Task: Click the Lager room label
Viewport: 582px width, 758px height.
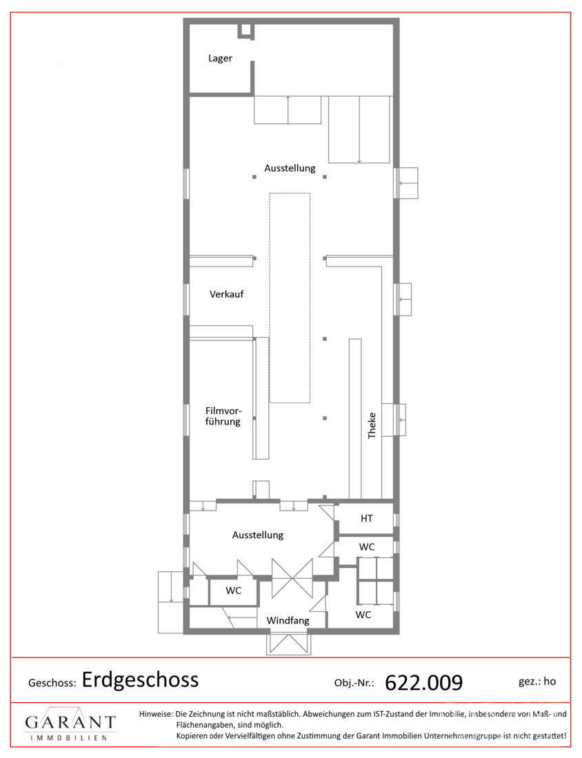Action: (x=220, y=59)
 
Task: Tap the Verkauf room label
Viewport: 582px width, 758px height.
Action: (x=226, y=294)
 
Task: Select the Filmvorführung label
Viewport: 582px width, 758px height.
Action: (x=223, y=416)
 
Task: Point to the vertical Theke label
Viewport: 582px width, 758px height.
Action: (x=372, y=425)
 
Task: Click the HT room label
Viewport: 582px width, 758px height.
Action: (x=367, y=518)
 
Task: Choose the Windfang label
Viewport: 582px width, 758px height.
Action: (x=288, y=620)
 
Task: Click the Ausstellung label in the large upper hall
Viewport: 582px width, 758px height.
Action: (x=290, y=168)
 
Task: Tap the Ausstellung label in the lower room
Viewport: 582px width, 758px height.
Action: (x=258, y=535)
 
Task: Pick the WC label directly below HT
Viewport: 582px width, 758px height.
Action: (x=367, y=546)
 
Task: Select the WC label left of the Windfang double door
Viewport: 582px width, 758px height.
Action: (x=233, y=591)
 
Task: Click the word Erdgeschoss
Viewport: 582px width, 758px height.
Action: (x=140, y=679)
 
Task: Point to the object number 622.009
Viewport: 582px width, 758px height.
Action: (x=424, y=682)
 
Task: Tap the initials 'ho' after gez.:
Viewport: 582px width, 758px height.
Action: (x=550, y=681)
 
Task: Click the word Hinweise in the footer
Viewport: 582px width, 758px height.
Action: (x=156, y=713)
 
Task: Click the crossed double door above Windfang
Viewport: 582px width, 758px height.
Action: (x=292, y=579)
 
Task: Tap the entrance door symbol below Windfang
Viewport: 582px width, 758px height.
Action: (x=288, y=644)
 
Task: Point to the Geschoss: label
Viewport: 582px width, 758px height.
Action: (x=52, y=683)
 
